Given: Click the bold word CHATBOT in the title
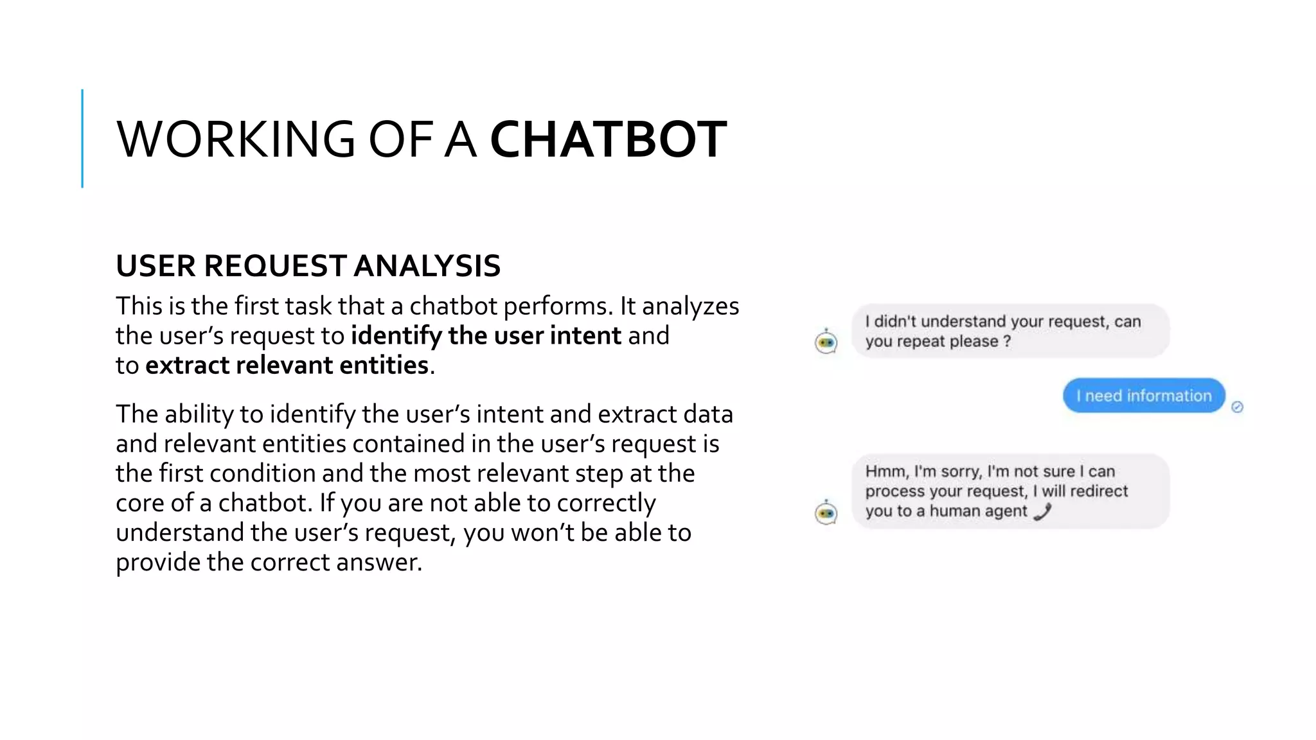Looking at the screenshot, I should coord(608,139).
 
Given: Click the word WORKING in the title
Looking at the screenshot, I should coord(235,139).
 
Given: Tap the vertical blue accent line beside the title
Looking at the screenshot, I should coord(82,138).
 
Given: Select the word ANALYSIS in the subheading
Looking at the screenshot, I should coord(427,266).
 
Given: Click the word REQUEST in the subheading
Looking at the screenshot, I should coord(276,266).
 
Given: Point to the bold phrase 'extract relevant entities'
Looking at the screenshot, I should coord(287,365).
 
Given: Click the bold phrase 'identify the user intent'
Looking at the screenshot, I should coord(486,335).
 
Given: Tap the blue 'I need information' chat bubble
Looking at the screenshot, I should coord(1144,396).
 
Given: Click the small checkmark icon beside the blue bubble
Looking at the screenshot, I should coord(1238,407).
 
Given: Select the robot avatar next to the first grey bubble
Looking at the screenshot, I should coord(826,342).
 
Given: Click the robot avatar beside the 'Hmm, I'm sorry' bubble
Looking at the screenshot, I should coord(826,513).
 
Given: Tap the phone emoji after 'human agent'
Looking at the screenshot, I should coord(1042,511).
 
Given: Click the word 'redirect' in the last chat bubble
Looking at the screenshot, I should coord(1099,491).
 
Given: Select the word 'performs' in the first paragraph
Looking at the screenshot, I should coord(555,306).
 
